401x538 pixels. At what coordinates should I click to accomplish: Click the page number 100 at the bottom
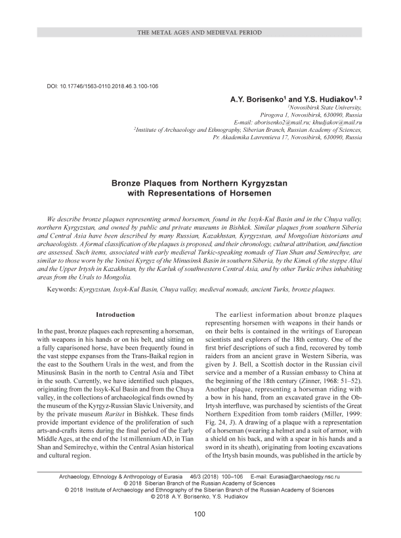pos(200,514)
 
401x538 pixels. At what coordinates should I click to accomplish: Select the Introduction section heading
pos(115,315)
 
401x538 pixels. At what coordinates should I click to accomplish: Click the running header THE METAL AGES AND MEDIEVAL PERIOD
pos(200,32)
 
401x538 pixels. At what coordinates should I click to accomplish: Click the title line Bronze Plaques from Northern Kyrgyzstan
pos(200,186)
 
